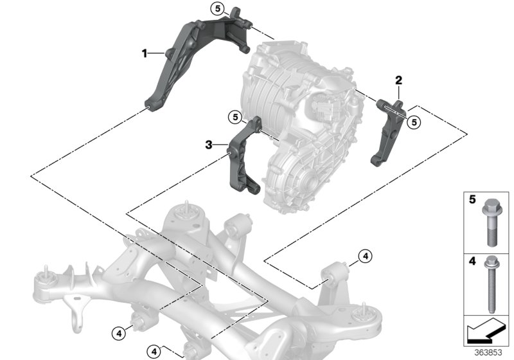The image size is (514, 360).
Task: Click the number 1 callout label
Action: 145,51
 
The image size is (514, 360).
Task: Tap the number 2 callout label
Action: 398,80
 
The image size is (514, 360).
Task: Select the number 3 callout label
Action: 209,145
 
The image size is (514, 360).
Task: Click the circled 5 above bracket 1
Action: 218,9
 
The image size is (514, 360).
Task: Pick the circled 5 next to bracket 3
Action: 236,117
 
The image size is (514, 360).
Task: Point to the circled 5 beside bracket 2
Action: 414,120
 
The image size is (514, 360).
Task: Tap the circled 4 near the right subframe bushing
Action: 365,256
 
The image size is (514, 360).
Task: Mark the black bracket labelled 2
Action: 389,132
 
